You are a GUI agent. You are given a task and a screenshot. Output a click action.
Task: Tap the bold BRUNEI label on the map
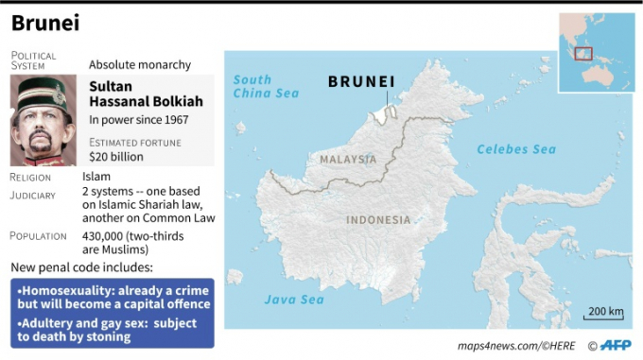[x=361, y=81]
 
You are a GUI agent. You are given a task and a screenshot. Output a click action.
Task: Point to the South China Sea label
[x=266, y=86]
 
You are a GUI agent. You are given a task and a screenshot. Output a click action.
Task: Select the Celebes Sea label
[x=516, y=149]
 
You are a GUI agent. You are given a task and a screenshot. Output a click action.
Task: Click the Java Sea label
[x=294, y=300]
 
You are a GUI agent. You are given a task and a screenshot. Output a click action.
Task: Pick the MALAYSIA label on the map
[x=347, y=160]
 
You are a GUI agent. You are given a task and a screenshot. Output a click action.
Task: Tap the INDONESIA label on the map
[x=378, y=219]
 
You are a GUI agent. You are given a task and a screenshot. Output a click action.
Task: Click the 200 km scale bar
[x=605, y=313]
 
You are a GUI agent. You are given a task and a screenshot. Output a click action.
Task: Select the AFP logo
[x=613, y=345]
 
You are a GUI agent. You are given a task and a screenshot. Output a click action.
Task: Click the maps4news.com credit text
[x=516, y=346]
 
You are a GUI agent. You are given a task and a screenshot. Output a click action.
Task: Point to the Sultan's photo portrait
[x=43, y=120]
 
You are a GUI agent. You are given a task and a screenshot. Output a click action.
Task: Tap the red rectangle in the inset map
[x=583, y=53]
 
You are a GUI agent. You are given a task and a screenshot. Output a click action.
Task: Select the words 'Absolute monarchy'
[x=140, y=65]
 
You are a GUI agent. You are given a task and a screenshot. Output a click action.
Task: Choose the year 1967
[x=174, y=120]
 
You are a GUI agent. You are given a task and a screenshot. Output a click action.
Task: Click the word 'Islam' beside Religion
[x=96, y=177]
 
